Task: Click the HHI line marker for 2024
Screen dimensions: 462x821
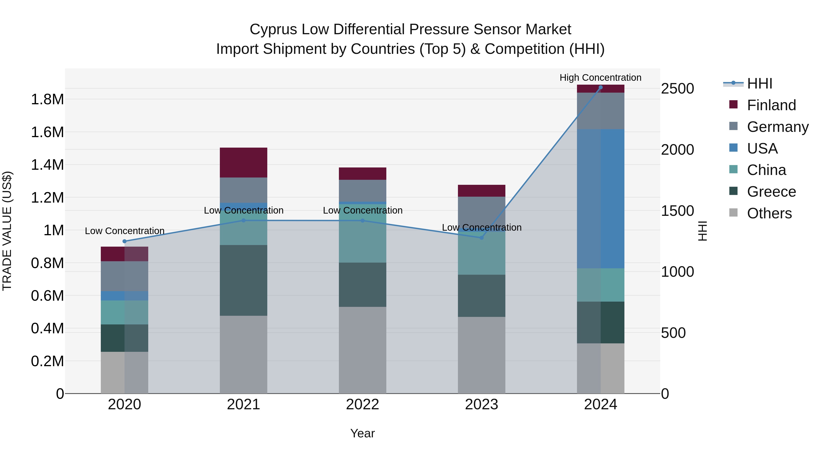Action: coord(600,87)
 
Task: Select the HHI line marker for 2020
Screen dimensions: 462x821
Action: coord(125,241)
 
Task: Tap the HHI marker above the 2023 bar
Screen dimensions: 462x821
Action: coord(482,238)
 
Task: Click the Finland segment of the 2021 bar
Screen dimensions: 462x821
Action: coord(244,163)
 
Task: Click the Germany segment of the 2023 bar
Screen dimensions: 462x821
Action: coord(482,210)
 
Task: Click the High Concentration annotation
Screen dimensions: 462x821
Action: coord(600,78)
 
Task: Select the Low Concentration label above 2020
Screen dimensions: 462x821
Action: coord(125,231)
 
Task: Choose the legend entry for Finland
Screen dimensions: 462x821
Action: coord(771,105)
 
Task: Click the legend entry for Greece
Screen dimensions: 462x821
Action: coord(771,192)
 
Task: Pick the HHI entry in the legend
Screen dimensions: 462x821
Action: coord(759,84)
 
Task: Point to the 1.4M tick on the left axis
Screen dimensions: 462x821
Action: coord(47,165)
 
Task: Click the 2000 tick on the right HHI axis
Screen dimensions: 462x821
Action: coord(677,149)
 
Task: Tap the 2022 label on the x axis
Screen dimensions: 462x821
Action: coord(362,404)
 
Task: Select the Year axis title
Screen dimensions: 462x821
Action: coord(362,433)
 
